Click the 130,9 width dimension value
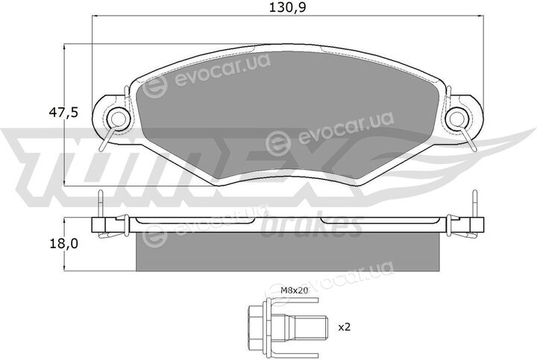click(287, 7)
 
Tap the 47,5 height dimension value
click(63, 113)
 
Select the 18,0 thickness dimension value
click(63, 244)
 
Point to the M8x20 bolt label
click(295, 291)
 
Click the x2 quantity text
click(344, 327)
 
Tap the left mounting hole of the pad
click(118, 119)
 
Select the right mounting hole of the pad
click(457, 119)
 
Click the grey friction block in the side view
click(287, 251)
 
